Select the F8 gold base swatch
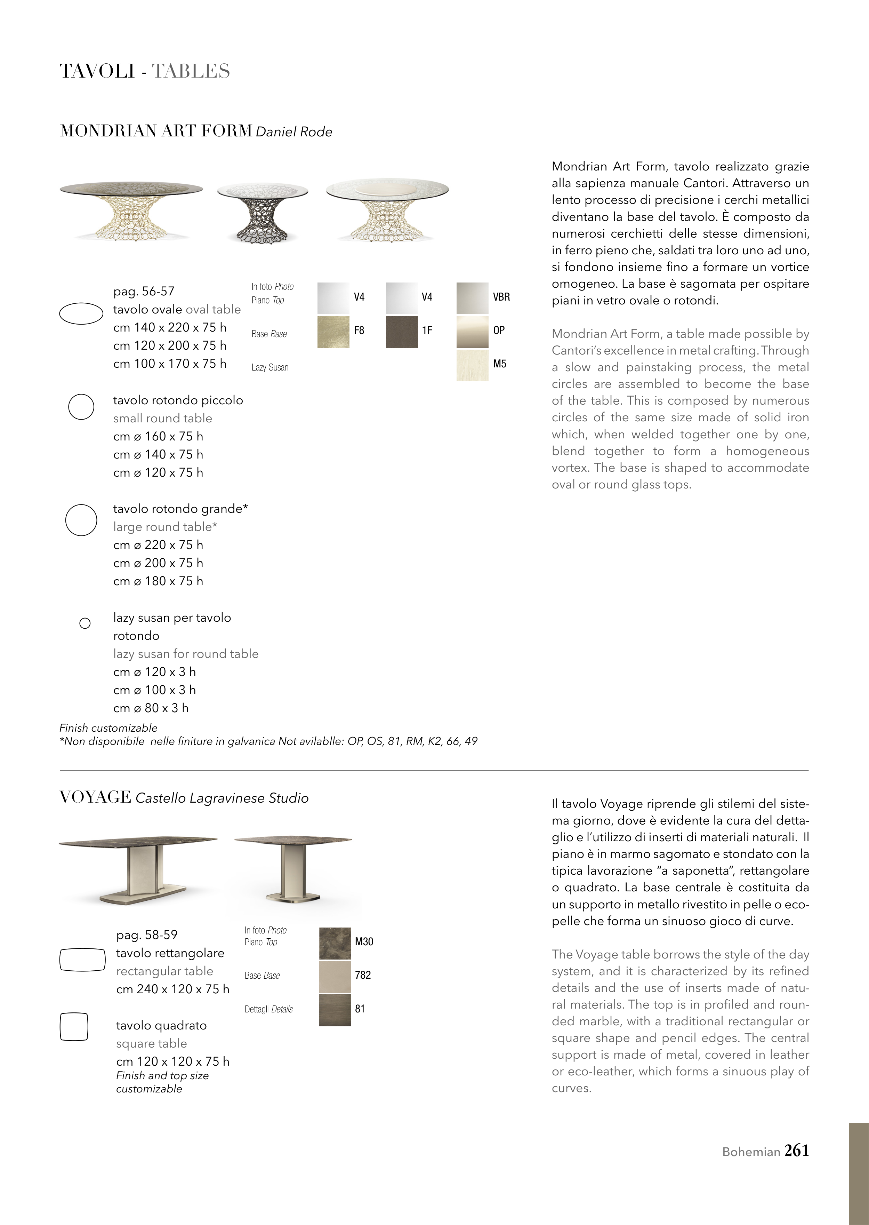click(x=333, y=332)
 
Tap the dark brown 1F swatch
click(x=401, y=332)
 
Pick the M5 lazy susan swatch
click(x=472, y=365)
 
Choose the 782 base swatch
click(x=335, y=977)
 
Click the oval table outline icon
click(x=81, y=313)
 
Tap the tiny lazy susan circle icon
click(x=85, y=623)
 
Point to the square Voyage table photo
click(x=293, y=869)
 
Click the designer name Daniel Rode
click(x=294, y=132)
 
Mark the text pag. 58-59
click(x=147, y=935)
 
